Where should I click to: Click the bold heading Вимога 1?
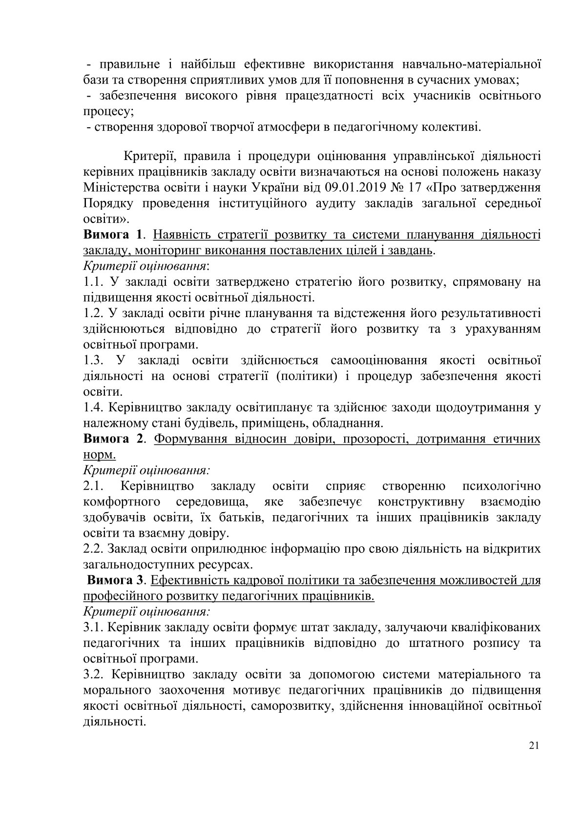pos(112,235)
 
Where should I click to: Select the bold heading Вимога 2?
pos(112,439)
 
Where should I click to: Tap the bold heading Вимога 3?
pos(116,581)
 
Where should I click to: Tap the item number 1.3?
pos(93,360)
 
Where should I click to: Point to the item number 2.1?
pos(93,486)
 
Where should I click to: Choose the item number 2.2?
pos(93,548)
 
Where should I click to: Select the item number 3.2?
pos(93,674)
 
